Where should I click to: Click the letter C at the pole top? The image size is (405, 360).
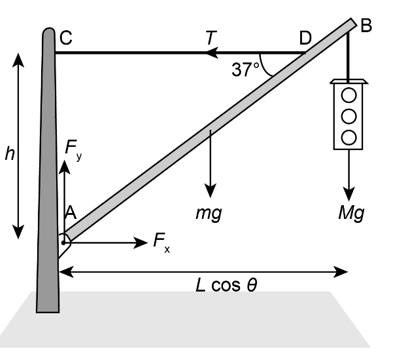click(66, 38)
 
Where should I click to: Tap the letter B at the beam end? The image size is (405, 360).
click(366, 26)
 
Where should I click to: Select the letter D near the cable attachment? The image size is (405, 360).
click(305, 38)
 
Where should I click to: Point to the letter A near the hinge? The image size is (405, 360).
click(70, 212)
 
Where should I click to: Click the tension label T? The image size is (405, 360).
click(211, 37)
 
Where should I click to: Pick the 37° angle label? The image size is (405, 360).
click(245, 69)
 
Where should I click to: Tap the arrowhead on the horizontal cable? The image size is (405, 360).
click(212, 53)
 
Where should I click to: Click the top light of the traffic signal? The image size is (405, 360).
click(349, 96)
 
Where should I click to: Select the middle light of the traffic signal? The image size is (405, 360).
click(349, 116)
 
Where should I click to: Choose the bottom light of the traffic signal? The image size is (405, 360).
click(349, 137)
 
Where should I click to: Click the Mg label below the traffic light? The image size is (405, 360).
click(351, 213)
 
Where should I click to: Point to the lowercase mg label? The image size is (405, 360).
click(209, 214)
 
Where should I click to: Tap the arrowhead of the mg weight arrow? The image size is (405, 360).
click(210, 191)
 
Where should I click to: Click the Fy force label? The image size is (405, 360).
click(73, 148)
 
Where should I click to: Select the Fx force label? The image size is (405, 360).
click(162, 241)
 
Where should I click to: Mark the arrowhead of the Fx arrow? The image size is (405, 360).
click(140, 243)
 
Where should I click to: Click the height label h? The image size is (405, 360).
click(10, 154)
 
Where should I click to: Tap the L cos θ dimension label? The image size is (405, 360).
click(226, 285)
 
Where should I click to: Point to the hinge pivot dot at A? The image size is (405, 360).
click(63, 243)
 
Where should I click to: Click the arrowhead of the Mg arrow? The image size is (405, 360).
click(349, 194)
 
